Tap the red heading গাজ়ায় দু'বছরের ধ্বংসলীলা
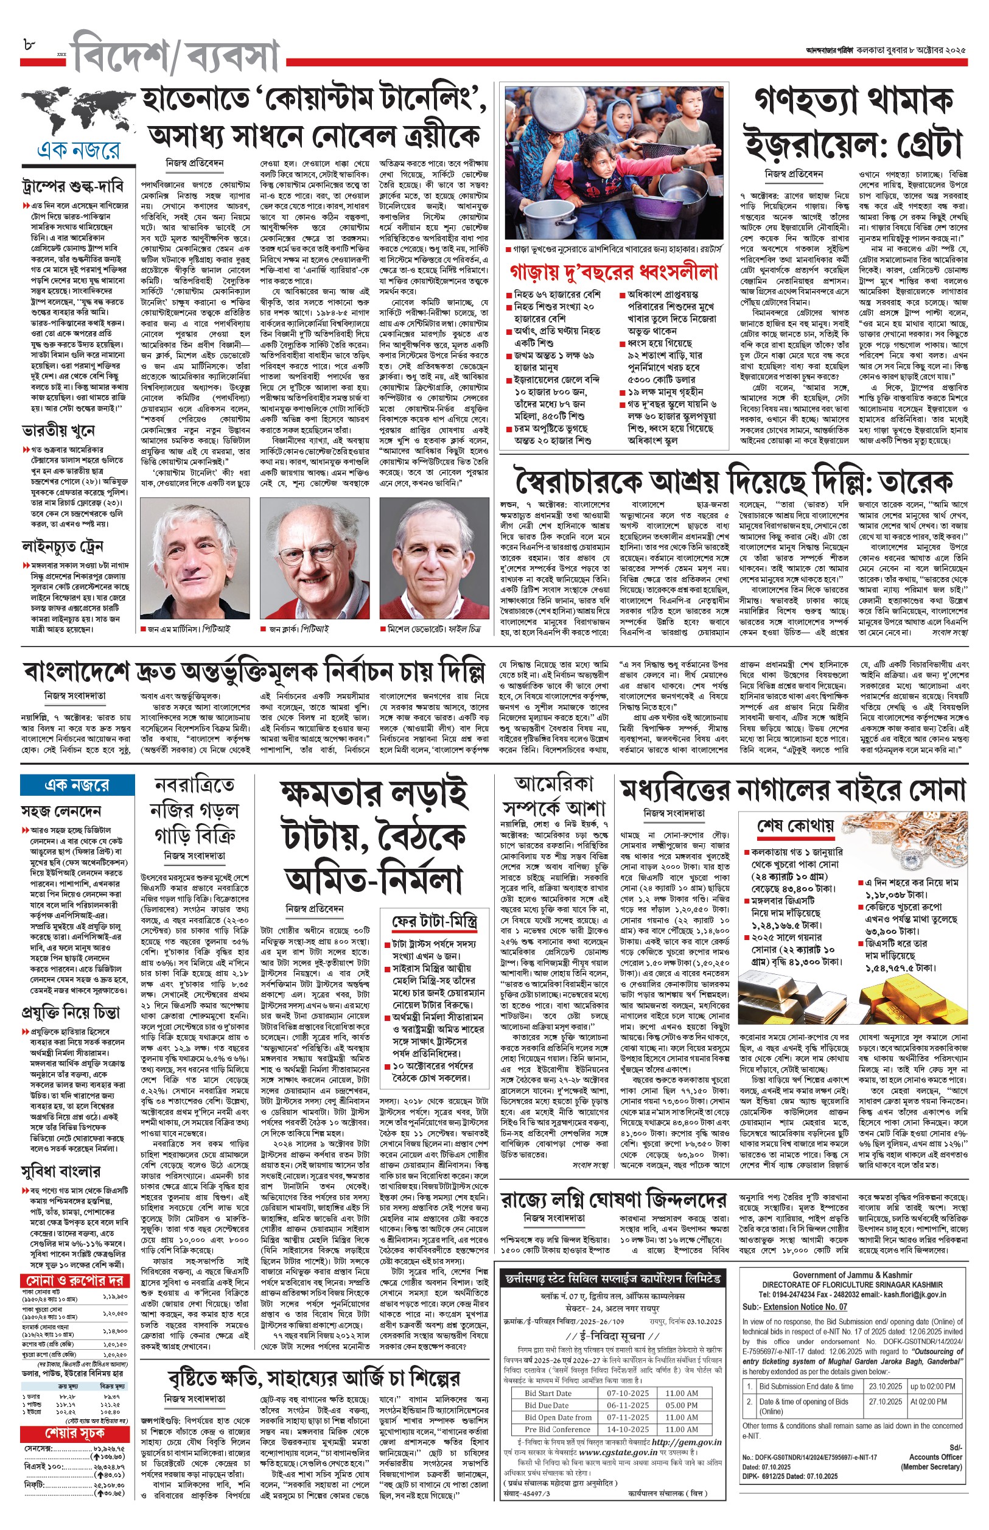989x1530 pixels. tap(613, 272)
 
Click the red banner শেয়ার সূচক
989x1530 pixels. tap(74, 1434)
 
